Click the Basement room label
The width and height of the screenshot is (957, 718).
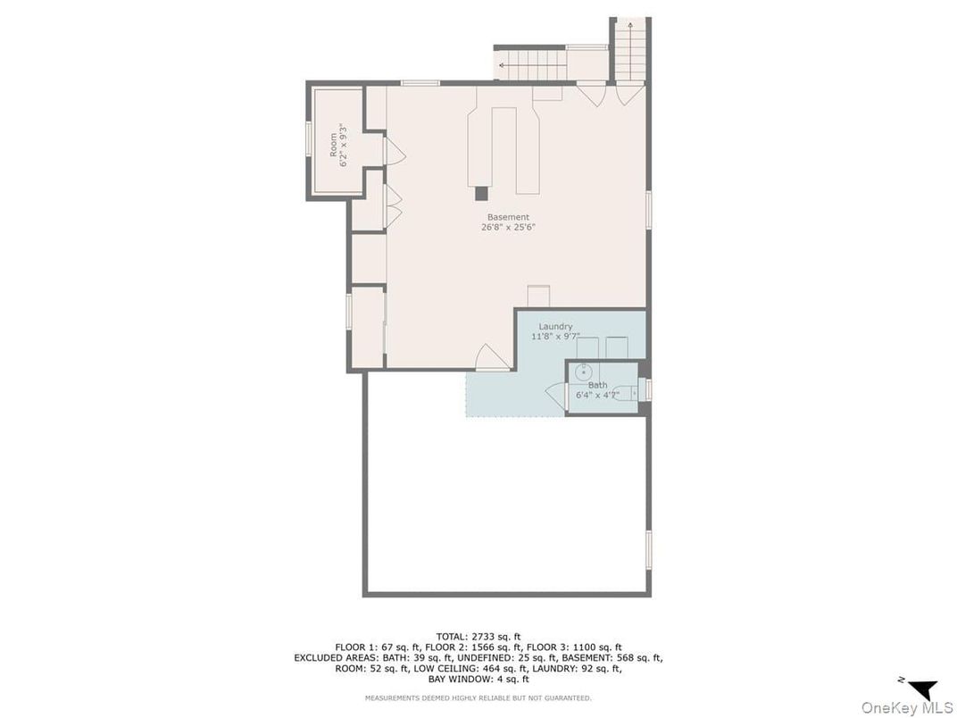pyautogui.click(x=508, y=217)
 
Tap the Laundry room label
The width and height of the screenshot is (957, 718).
pyautogui.click(x=555, y=327)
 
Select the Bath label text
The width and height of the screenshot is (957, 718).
pyautogui.click(x=597, y=385)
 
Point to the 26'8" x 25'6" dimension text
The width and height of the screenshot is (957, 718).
pyautogui.click(x=509, y=227)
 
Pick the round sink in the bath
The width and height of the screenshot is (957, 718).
pyautogui.click(x=584, y=371)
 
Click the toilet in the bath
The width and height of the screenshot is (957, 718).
pyautogui.click(x=626, y=394)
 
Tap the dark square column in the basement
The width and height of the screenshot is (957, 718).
pyautogui.click(x=481, y=193)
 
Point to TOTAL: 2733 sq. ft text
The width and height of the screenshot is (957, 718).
pyautogui.click(x=478, y=637)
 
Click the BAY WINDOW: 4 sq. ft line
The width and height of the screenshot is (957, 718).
pyautogui.click(x=478, y=679)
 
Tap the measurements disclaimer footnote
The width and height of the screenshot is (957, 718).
pyautogui.click(x=478, y=697)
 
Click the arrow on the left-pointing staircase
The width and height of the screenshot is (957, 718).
pyautogui.click(x=502, y=64)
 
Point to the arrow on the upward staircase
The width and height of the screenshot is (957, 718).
pyautogui.click(x=630, y=25)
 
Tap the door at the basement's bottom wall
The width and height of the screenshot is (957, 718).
pyautogui.click(x=492, y=357)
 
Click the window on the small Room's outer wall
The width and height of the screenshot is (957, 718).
pyautogui.click(x=309, y=140)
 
